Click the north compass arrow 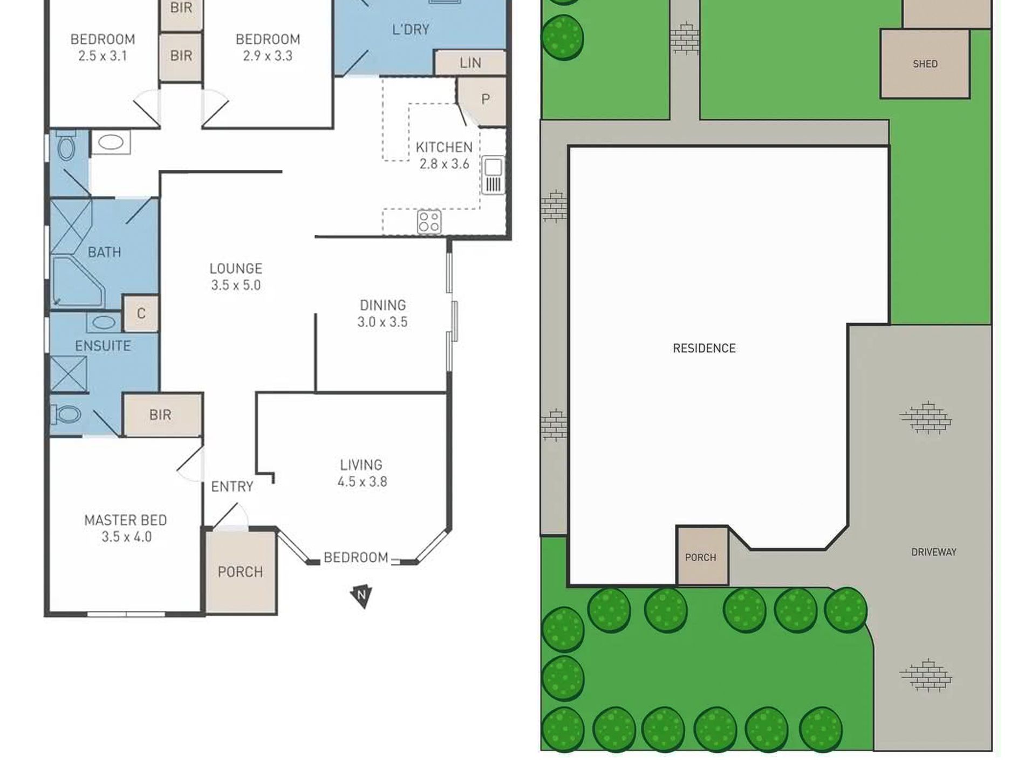[361, 595]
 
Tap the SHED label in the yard [925, 64]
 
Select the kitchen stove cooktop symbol [429, 221]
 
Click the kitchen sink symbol [493, 175]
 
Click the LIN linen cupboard [470, 63]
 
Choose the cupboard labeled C [141, 314]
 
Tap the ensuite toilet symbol [66, 414]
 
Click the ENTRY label [232, 487]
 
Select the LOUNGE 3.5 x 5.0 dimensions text [236, 285]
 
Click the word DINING [382, 305]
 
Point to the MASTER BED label [126, 520]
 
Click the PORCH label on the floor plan [240, 572]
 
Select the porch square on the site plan [702, 556]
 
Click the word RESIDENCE [704, 349]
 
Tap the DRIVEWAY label [933, 552]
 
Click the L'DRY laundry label [411, 30]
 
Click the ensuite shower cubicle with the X [69, 373]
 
